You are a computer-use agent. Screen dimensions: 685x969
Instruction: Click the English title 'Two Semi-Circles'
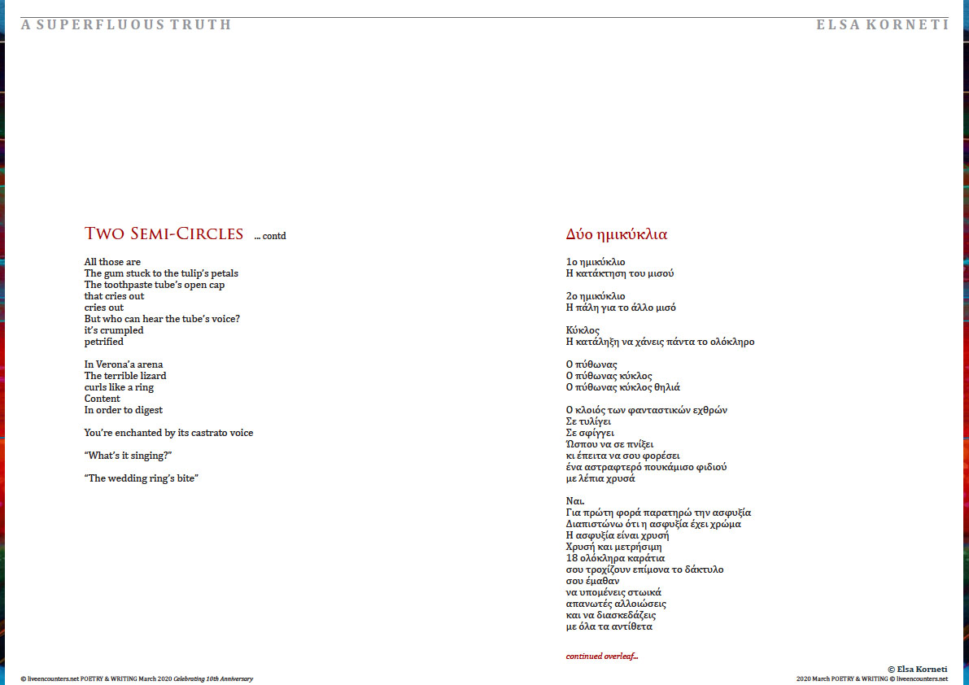[x=164, y=234]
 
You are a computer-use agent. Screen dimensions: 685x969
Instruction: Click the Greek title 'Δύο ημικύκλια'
[x=616, y=234]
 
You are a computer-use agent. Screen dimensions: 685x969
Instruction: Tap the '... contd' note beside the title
[x=270, y=237]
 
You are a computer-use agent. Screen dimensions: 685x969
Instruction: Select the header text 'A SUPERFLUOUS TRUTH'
[x=126, y=24]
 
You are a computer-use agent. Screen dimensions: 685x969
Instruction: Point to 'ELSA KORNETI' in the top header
[x=883, y=24]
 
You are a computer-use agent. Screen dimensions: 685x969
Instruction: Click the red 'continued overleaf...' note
[x=602, y=656]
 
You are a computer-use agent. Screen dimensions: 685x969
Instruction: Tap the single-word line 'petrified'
[x=104, y=342]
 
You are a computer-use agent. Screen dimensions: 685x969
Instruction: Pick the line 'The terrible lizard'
[x=125, y=376]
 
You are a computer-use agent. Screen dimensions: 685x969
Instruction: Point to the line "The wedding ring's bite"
[x=141, y=478]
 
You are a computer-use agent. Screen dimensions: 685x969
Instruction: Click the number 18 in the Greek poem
[x=571, y=558]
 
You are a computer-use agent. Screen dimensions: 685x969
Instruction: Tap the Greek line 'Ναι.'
[x=575, y=501]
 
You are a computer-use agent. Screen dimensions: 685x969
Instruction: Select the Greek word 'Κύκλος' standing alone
[x=583, y=330]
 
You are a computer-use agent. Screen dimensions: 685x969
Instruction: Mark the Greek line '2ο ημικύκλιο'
[x=596, y=296]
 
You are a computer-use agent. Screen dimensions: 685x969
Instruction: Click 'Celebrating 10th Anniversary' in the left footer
[x=213, y=678]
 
